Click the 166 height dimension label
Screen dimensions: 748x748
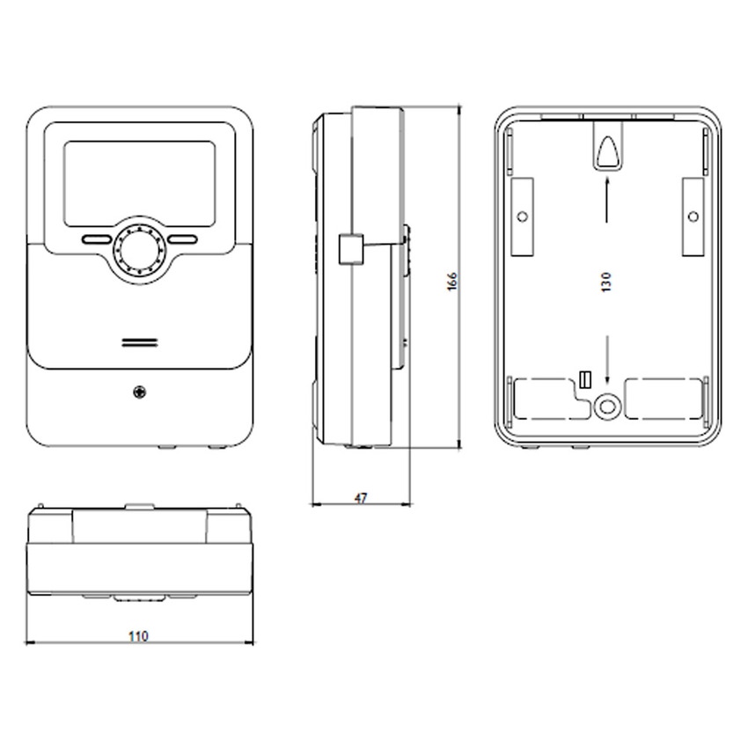tap(451, 282)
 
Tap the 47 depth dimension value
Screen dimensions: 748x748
tap(361, 498)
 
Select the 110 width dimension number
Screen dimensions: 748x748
tap(138, 636)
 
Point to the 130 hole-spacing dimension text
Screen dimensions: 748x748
tap(605, 282)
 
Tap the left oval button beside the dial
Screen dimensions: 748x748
tap(97, 239)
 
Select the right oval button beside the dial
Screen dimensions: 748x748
tap(182, 239)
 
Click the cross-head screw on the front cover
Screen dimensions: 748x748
tap(139, 392)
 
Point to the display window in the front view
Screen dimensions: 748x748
tap(139, 184)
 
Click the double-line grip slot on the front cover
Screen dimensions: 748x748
tap(139, 342)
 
